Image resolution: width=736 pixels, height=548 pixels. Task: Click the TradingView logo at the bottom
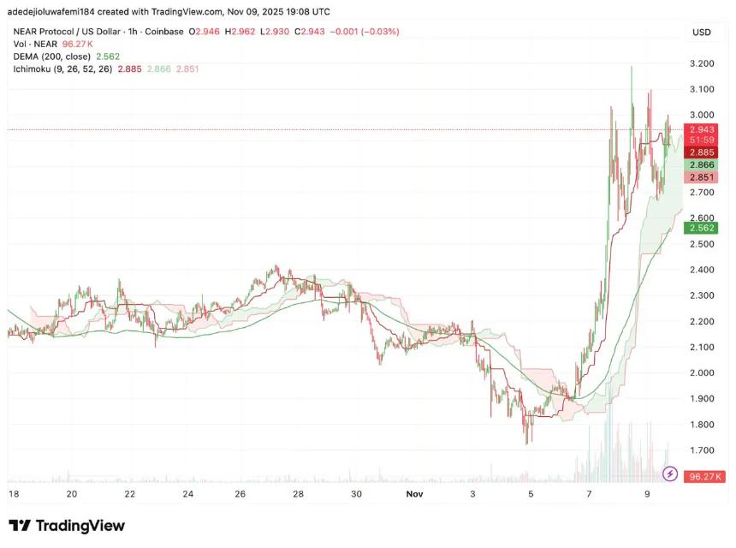tap(67, 526)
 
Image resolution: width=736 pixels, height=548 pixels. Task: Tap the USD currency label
tap(701, 33)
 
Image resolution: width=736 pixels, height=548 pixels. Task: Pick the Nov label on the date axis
tap(414, 494)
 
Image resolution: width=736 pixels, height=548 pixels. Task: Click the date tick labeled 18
tap(13, 494)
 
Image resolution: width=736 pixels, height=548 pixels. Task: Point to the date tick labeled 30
tap(357, 494)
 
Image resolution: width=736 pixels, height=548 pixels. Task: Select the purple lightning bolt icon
tap(670, 474)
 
